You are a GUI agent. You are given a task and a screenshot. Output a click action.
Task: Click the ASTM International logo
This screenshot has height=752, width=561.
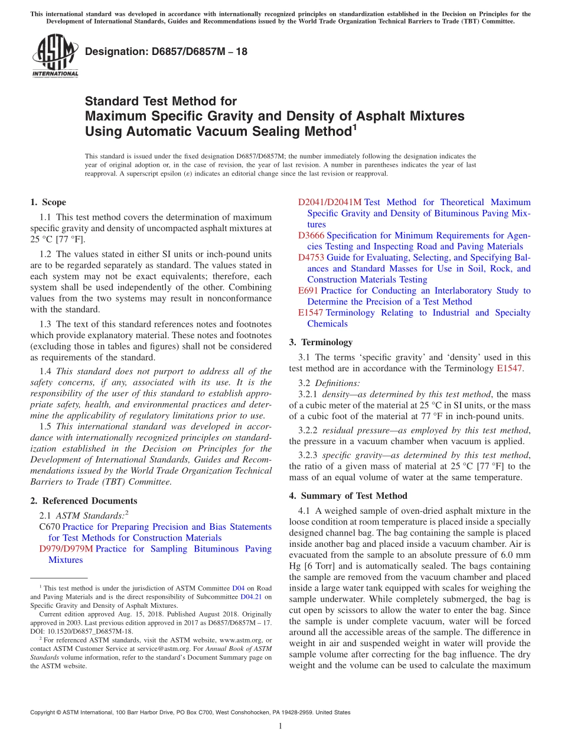(x=55, y=56)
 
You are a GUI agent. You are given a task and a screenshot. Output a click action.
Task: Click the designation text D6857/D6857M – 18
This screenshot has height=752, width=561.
(x=166, y=51)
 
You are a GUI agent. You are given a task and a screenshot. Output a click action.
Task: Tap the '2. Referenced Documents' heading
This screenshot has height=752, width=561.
(x=83, y=501)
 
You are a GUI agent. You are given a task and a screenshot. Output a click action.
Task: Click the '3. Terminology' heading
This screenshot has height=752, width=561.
(x=321, y=342)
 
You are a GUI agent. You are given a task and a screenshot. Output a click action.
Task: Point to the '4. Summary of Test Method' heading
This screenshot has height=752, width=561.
(x=348, y=496)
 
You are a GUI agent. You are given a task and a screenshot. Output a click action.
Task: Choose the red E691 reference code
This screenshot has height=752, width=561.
(x=308, y=291)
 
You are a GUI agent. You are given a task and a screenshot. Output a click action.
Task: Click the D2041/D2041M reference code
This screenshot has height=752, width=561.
(x=330, y=202)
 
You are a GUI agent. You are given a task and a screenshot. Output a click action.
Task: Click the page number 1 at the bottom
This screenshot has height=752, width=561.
(x=280, y=727)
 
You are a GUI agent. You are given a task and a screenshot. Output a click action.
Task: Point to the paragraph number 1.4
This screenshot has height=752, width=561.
(x=45, y=371)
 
